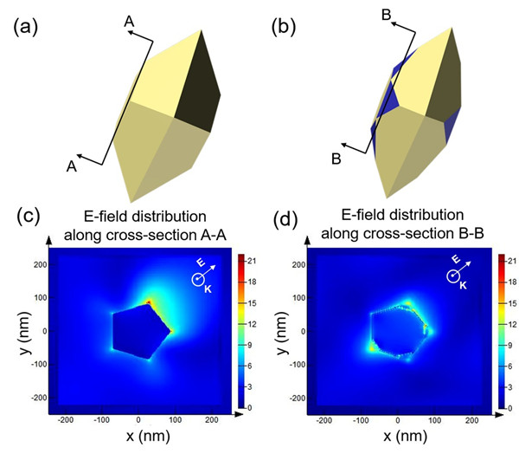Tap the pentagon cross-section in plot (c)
tap(138, 328)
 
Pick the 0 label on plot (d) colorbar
tap(509, 406)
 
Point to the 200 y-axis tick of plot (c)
tap(40, 265)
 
